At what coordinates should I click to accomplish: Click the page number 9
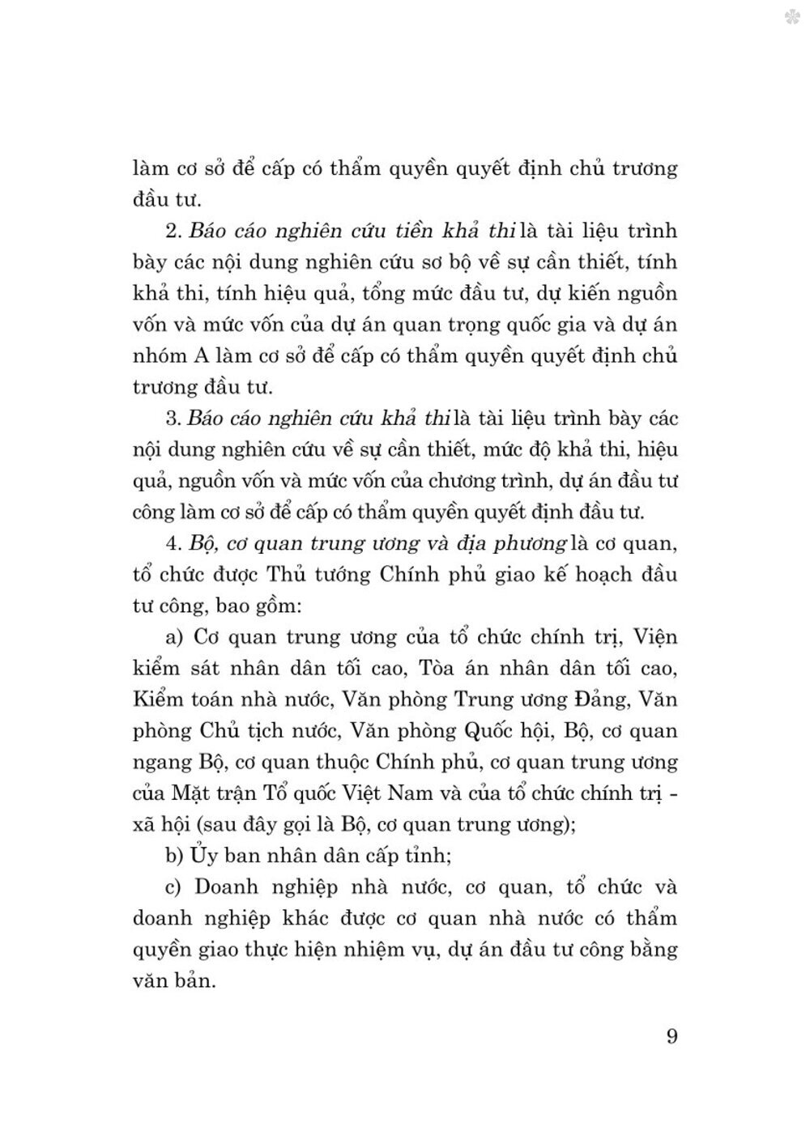pos(671,1036)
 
